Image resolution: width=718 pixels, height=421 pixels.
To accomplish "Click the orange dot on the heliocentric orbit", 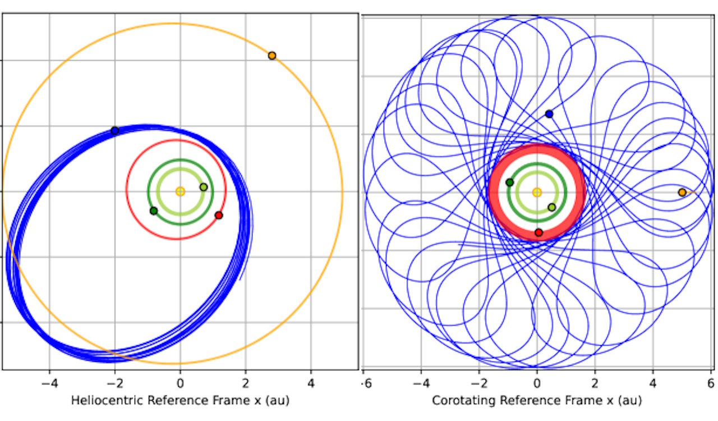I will pos(272,56).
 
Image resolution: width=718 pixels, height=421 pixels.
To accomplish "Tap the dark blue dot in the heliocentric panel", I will pos(115,131).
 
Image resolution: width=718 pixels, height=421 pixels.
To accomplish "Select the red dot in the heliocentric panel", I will pos(219,215).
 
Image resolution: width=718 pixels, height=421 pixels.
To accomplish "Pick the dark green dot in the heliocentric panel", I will pos(154,210).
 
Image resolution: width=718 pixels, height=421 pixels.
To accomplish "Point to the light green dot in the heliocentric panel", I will pos(204,187).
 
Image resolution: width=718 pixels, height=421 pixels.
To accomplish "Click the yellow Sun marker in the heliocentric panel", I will pos(180,191).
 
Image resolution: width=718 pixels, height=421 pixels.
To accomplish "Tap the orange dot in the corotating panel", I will pos(682,193).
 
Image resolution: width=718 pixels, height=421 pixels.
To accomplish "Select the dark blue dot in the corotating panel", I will pos(549,114).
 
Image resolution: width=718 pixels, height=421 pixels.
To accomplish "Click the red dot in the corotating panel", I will pos(539,232).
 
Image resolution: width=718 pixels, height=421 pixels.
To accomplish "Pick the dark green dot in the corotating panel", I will pos(509,182).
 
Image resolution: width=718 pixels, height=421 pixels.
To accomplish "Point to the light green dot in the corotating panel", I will pos(551,207).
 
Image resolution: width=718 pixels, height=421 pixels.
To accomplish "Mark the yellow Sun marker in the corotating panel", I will pos(537,193).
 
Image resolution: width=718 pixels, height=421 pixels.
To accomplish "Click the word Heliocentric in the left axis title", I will pos(102,400).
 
